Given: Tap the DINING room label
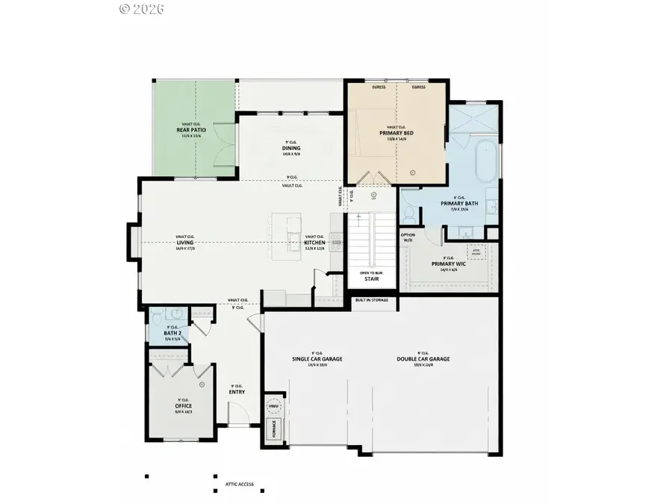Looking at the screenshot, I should [x=291, y=148].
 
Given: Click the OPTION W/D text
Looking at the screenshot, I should [x=408, y=237].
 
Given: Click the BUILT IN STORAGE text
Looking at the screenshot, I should [x=373, y=300].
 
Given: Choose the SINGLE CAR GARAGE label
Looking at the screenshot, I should [x=317, y=358].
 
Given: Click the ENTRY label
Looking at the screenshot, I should [x=237, y=391].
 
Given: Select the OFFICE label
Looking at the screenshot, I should [x=184, y=405].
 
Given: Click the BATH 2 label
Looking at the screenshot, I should [x=172, y=332].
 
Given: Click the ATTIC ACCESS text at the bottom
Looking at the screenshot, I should [x=239, y=484].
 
